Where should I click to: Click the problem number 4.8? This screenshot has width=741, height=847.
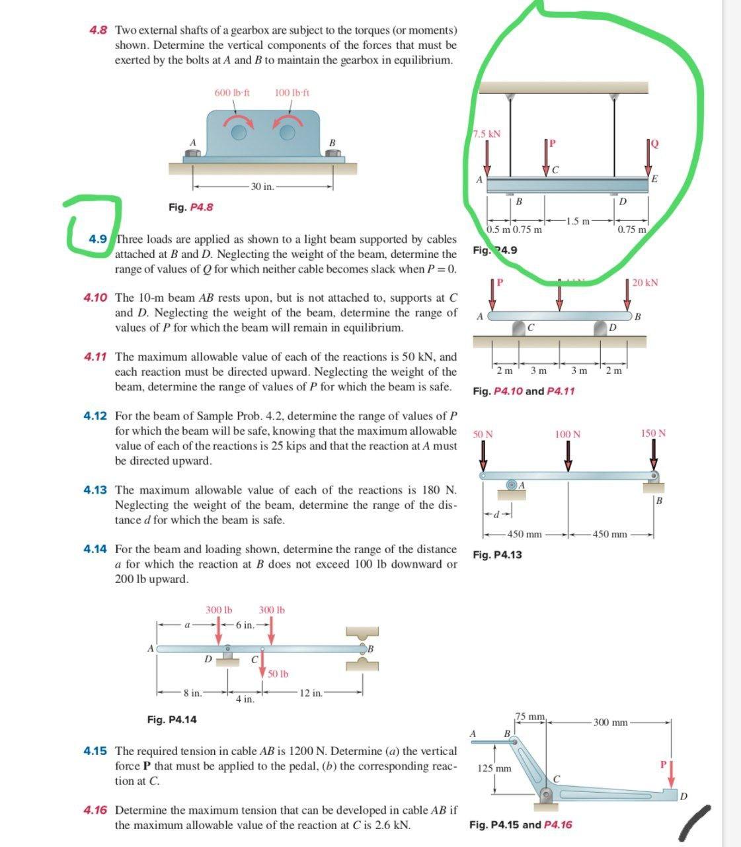point(98,30)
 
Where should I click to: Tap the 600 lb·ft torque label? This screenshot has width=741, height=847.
point(232,93)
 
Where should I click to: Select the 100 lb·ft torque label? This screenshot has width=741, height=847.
point(292,93)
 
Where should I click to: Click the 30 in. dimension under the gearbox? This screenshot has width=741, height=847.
point(263,187)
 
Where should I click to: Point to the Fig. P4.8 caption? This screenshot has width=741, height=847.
point(190,207)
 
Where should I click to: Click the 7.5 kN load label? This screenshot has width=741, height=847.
point(487,134)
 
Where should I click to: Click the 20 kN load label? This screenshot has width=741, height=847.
point(644,283)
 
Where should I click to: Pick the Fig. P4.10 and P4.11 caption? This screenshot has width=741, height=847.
point(524,391)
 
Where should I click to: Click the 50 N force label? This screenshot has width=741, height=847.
point(483,434)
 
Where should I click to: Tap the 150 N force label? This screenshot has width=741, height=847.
point(653,433)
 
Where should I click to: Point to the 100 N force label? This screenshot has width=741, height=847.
point(567,434)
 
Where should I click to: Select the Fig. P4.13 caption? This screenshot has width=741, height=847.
point(497,555)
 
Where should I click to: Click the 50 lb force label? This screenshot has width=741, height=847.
point(278,674)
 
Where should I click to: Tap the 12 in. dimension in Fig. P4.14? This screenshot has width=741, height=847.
point(311,693)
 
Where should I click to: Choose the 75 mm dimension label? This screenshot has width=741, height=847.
point(530,717)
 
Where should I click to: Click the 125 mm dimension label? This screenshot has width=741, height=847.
point(494,769)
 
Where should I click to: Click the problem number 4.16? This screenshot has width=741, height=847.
point(95,811)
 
